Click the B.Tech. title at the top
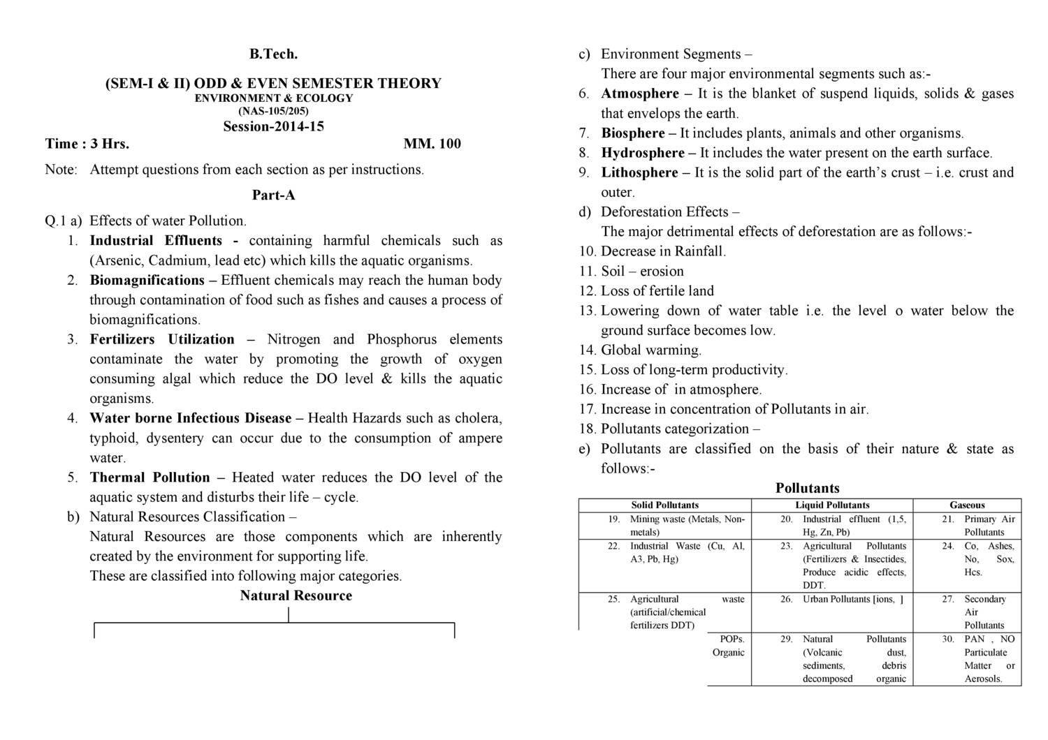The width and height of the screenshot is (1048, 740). click(273, 54)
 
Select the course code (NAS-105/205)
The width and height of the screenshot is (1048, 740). click(273, 111)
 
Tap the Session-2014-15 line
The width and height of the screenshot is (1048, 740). click(273, 126)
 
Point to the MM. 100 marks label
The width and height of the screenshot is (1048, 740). click(432, 144)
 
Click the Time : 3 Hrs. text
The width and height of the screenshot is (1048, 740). click(87, 144)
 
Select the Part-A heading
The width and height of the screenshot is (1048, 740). click(273, 195)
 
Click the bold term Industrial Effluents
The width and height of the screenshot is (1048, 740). click(156, 241)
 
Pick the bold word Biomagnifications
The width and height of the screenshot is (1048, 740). click(147, 280)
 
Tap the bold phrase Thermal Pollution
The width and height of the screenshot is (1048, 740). click(150, 478)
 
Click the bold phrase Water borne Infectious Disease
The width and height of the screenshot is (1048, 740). click(190, 418)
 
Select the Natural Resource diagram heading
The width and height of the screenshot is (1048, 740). click(296, 595)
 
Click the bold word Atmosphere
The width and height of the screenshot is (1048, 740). click(639, 94)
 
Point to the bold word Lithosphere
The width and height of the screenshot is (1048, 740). click(639, 172)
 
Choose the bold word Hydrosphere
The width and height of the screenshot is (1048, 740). click(643, 153)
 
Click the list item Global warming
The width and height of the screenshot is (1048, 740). click(650, 350)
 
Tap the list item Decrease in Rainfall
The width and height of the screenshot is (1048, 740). click(663, 251)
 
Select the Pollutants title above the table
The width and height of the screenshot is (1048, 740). click(807, 488)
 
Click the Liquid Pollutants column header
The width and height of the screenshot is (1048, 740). click(832, 505)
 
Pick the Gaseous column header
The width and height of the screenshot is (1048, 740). click(967, 505)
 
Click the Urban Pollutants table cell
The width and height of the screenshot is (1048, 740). click(852, 599)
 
